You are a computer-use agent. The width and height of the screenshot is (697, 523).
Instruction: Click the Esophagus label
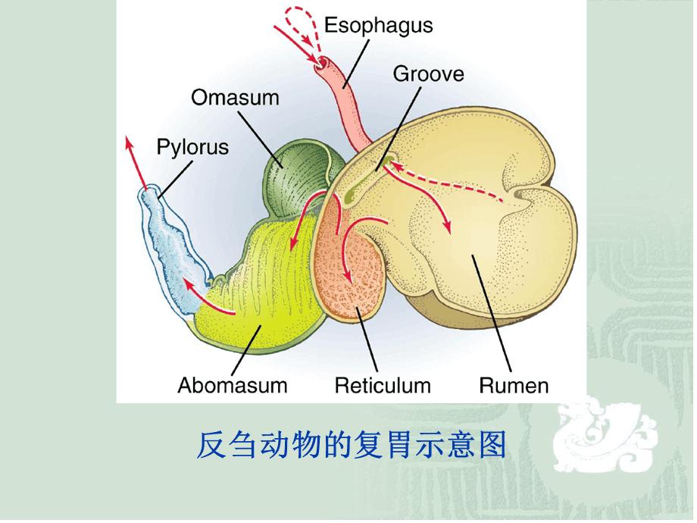(x=378, y=25)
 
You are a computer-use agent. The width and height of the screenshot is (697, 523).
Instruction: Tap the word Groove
(x=428, y=74)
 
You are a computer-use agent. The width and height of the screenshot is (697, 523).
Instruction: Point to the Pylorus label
(x=192, y=146)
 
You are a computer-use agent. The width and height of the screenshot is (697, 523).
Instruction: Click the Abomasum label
(x=233, y=385)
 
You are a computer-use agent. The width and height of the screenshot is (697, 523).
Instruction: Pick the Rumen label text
(x=513, y=385)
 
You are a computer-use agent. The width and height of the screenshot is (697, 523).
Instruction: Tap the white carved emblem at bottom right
(x=606, y=447)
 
